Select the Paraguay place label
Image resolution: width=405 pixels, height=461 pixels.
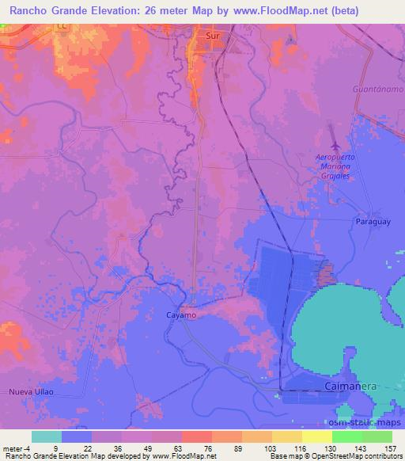(x=373, y=222)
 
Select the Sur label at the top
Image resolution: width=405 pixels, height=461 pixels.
(x=212, y=36)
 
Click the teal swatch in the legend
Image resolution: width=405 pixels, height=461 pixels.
(x=46, y=436)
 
